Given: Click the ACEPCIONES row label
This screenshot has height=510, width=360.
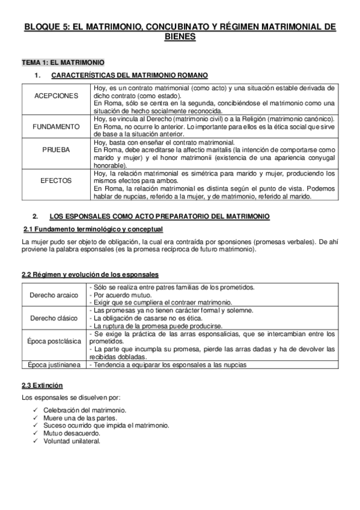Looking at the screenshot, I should click(x=56, y=96).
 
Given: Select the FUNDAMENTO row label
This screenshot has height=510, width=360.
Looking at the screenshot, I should click(x=56, y=127).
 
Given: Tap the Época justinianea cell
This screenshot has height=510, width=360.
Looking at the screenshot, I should click(x=53, y=364).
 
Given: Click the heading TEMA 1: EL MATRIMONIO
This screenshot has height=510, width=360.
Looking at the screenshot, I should click(x=63, y=62).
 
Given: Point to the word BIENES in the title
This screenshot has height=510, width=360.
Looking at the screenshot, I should click(x=180, y=37).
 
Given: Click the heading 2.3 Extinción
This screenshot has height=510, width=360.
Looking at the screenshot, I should click(x=42, y=385).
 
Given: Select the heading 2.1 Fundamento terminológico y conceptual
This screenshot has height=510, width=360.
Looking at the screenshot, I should click(x=93, y=229).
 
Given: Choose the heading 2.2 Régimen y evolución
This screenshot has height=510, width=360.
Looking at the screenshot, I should click(x=90, y=274).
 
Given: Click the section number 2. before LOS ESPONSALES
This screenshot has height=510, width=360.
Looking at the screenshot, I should click(x=35, y=215).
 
